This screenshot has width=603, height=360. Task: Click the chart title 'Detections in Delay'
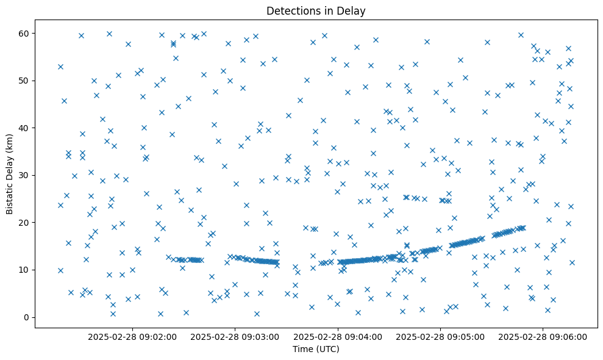coord(316,11)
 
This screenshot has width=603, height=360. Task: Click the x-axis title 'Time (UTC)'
coord(316,349)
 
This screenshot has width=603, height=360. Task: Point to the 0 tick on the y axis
coord(27,317)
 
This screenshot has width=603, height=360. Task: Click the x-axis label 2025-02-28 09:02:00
coord(132,336)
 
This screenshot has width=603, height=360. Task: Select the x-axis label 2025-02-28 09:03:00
coord(235,336)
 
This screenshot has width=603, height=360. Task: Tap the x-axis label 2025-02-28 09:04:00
coord(338,336)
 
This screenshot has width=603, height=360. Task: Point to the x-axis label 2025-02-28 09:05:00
coord(440,336)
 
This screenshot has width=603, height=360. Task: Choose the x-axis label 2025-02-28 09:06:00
coord(543,336)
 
